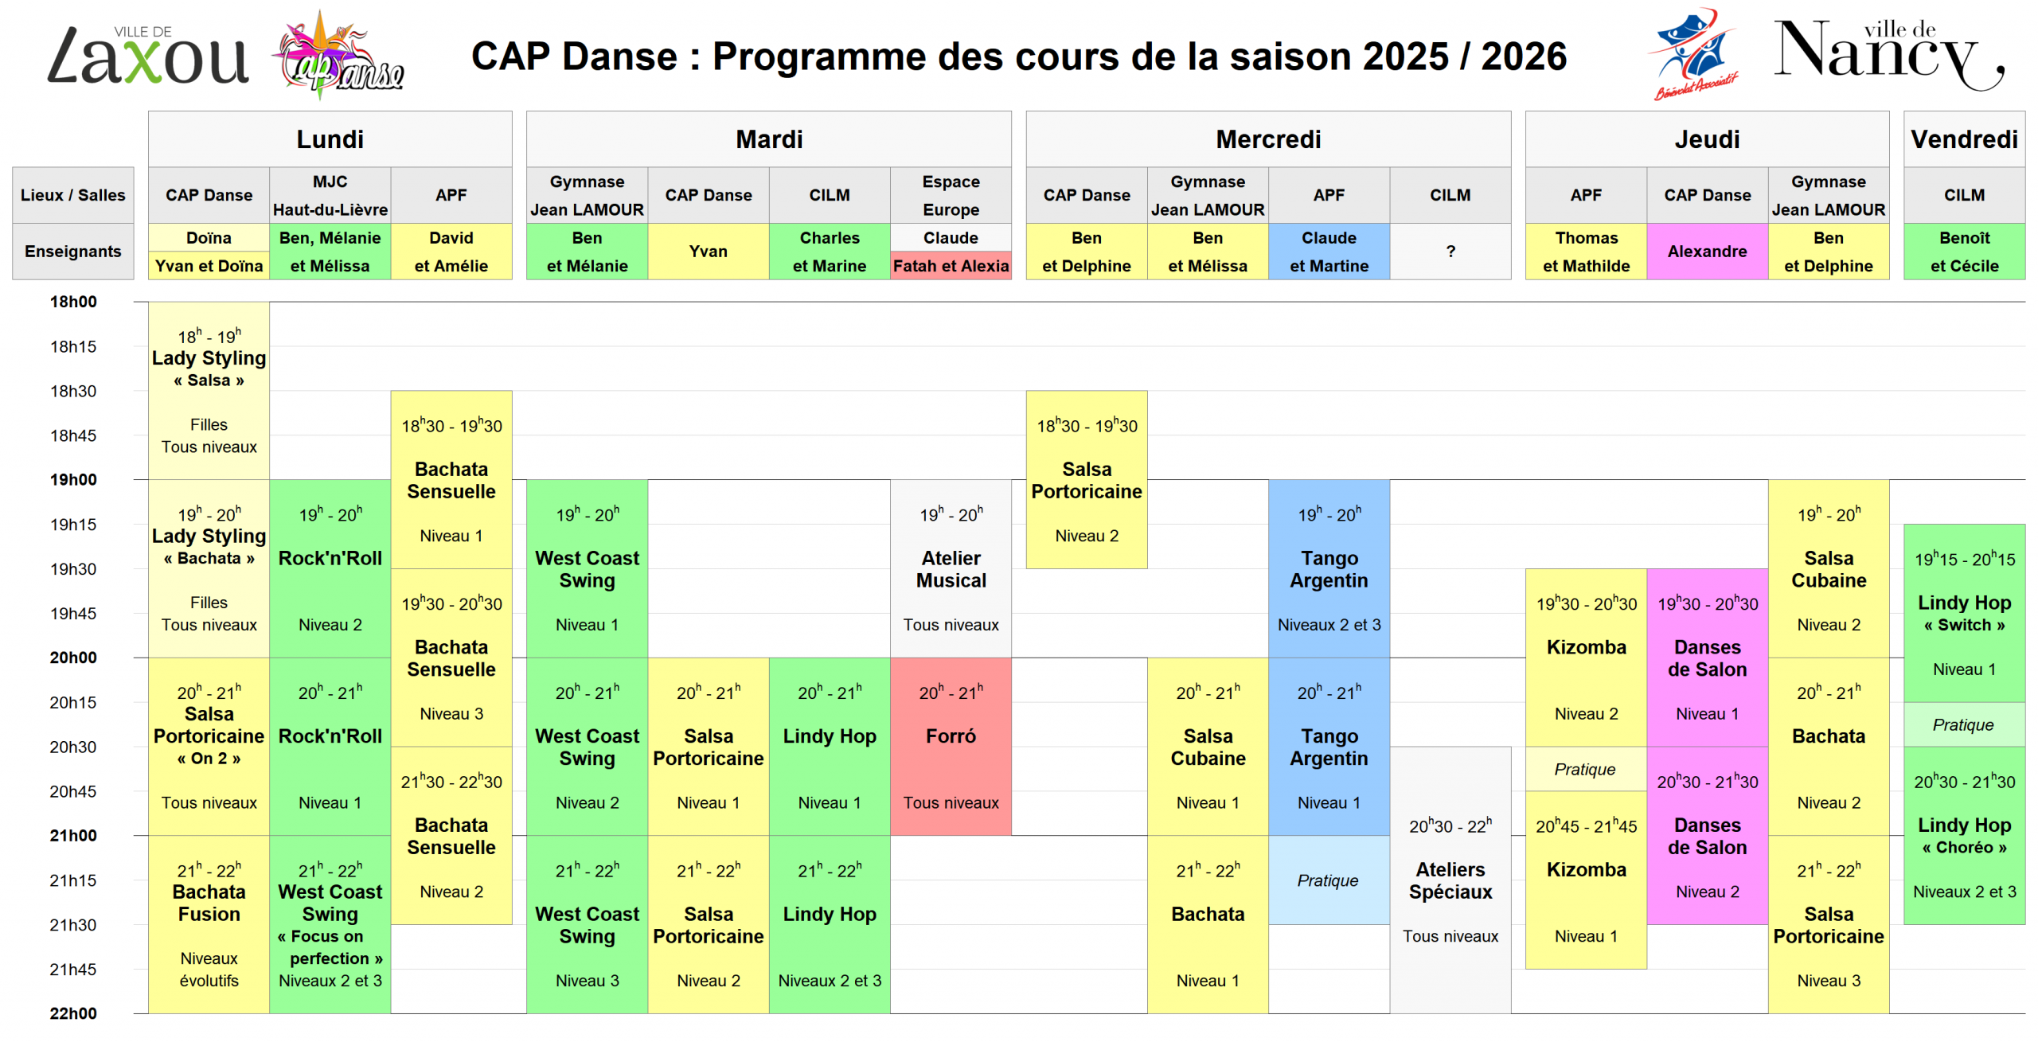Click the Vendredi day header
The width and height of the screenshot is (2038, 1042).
[x=1963, y=139]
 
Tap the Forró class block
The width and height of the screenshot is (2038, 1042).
[x=951, y=746]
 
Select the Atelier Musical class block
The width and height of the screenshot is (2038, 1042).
[x=951, y=568]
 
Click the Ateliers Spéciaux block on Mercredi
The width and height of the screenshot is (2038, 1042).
[x=1450, y=880]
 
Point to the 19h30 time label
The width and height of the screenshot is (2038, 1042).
[x=73, y=569]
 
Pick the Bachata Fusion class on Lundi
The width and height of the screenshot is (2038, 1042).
[x=209, y=924]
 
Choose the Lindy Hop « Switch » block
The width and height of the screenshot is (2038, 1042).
[x=1964, y=613]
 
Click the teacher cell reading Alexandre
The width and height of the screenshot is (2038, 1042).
[x=1707, y=252]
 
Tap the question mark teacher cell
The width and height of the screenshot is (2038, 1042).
[x=1450, y=252]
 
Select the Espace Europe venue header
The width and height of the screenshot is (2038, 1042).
[x=951, y=195]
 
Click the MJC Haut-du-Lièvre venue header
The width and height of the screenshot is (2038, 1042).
[x=330, y=195]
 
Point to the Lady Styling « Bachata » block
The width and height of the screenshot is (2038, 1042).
[x=209, y=568]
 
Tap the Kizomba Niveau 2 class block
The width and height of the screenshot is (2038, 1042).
[x=1586, y=658]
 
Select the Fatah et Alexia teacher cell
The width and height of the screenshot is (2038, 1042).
[x=951, y=266]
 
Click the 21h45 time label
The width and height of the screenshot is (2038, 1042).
[x=73, y=970]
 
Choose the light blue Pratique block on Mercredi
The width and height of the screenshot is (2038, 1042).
[x=1329, y=880]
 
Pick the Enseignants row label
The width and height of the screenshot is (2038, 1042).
[x=73, y=252]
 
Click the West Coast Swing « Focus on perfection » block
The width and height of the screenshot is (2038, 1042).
[x=330, y=924]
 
